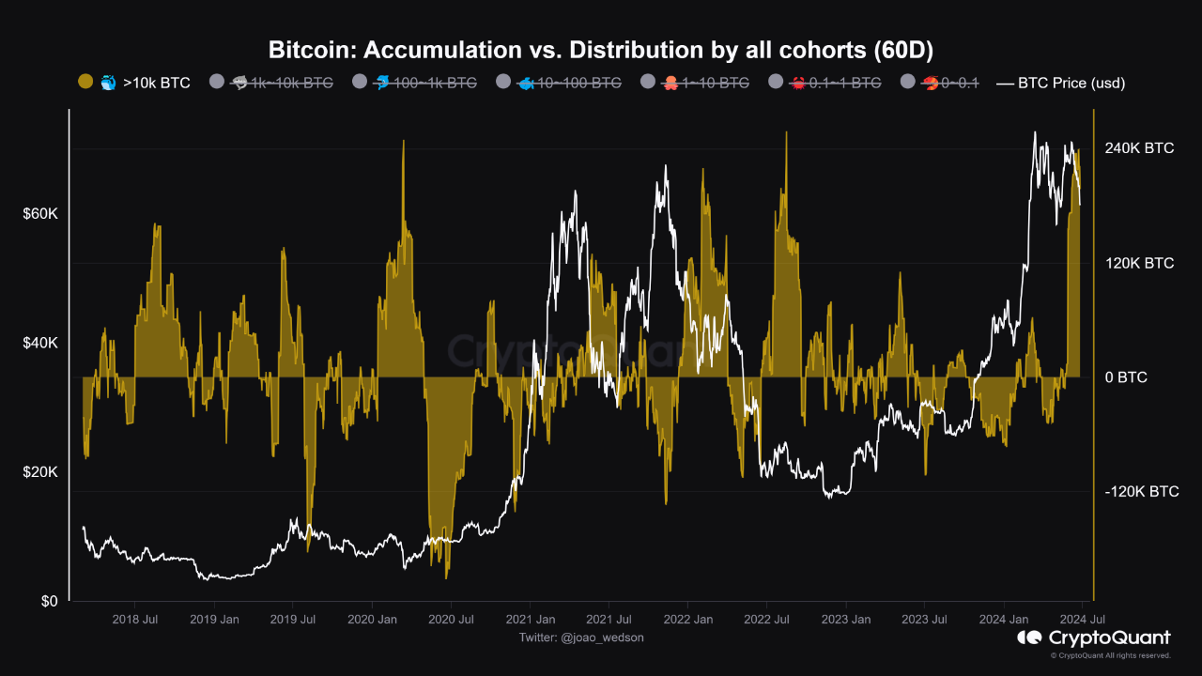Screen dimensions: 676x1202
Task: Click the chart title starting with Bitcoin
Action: (600, 49)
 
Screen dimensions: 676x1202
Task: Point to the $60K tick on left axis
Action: (40, 214)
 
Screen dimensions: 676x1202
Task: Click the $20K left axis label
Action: (40, 472)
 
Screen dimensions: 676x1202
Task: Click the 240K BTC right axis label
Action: (1139, 148)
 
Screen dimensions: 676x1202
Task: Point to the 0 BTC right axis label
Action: (1126, 377)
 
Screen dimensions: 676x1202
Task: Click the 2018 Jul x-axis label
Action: (135, 619)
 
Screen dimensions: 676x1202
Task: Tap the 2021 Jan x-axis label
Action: (531, 619)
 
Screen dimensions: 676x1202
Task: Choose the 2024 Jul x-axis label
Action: (1083, 619)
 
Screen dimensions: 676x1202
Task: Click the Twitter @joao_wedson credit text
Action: (581, 638)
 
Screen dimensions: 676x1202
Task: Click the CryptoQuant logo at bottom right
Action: (1094, 638)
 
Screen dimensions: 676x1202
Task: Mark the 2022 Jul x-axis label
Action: (767, 619)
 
